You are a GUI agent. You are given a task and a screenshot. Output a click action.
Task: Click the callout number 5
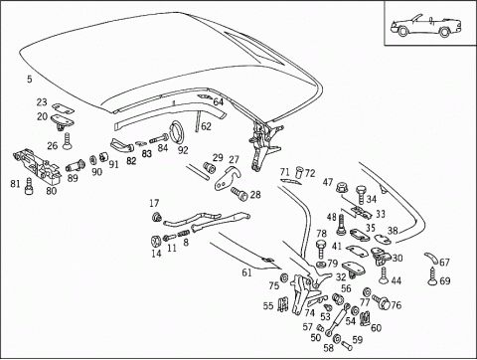(30, 80)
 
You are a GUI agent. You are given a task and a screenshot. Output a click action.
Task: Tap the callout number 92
(183, 150)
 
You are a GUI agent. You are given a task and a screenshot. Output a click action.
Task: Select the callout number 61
(246, 272)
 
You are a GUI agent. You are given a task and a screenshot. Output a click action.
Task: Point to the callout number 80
(52, 191)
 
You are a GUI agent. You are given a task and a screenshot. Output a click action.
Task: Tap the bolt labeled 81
(29, 186)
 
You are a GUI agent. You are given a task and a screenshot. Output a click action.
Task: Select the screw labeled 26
(68, 141)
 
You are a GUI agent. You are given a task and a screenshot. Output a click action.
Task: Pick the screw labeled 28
(239, 194)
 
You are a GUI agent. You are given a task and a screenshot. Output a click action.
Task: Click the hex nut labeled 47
(342, 188)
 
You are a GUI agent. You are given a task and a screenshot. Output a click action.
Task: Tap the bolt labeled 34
(361, 195)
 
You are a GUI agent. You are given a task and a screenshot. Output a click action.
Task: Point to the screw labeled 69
(432, 276)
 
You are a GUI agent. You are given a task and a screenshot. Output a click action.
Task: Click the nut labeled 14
(155, 241)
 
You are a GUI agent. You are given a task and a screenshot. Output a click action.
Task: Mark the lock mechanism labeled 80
(37, 166)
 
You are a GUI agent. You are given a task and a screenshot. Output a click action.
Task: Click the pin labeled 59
(347, 345)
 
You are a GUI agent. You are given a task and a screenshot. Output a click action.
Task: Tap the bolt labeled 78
(320, 250)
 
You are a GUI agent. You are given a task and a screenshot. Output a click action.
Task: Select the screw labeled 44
(384, 275)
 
